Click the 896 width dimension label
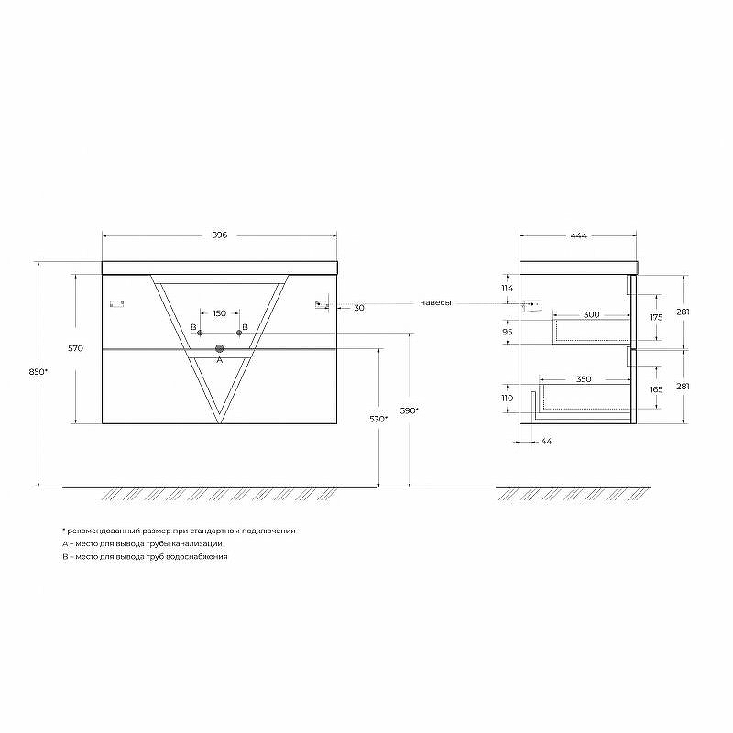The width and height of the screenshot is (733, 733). (219, 235)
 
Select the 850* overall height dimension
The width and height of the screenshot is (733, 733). (38, 372)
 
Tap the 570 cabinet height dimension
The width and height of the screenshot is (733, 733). (75, 348)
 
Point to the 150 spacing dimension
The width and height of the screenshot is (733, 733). (220, 313)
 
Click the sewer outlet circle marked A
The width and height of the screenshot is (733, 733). (220, 348)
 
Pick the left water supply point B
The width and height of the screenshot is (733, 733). (200, 333)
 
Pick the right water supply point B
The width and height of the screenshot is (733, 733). (239, 333)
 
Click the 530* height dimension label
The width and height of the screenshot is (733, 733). (378, 419)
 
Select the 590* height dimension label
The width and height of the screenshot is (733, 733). (409, 410)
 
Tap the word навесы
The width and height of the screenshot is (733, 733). (436, 303)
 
